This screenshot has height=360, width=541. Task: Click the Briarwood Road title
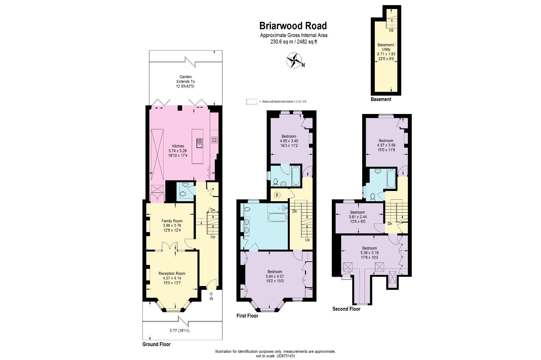(x=293, y=26)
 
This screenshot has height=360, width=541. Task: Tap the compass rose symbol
(x=294, y=60)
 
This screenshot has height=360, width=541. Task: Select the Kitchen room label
(x=178, y=146)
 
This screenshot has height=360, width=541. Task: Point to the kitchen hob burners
(x=214, y=140)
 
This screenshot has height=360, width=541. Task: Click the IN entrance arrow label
(x=211, y=299)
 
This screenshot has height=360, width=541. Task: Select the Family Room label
(x=172, y=221)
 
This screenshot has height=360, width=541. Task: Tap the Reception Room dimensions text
(x=172, y=280)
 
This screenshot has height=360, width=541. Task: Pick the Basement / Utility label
(x=387, y=47)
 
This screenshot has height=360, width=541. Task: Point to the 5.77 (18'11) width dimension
(x=179, y=331)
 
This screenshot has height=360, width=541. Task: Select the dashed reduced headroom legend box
(x=252, y=102)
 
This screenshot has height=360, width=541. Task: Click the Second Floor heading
(x=346, y=309)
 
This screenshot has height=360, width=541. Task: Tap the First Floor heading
(x=247, y=316)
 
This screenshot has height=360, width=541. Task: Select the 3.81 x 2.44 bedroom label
(x=358, y=217)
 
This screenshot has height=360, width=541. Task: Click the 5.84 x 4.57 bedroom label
(x=275, y=276)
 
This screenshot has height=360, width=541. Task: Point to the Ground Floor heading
(x=156, y=344)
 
